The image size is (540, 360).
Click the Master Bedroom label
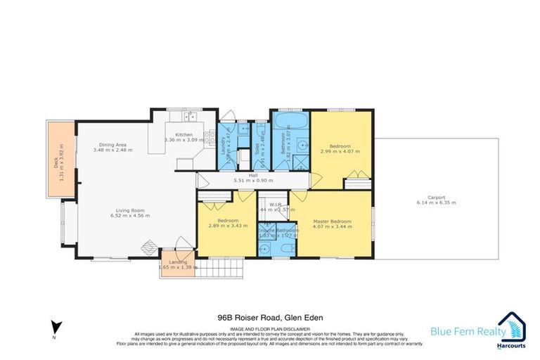click(x=332, y=221)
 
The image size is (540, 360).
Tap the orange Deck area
click(x=60, y=158)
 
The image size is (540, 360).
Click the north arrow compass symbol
click(x=56, y=326)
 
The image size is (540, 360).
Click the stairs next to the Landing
click(x=217, y=269)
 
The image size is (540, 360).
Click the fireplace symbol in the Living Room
click(x=148, y=247)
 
